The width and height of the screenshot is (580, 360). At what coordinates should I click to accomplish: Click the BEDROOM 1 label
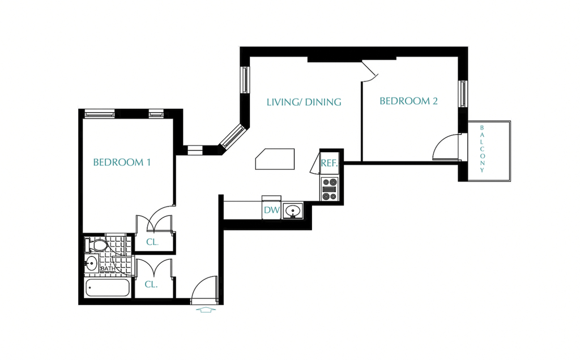(122, 162)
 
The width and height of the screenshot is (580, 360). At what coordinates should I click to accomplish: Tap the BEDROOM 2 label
(409, 101)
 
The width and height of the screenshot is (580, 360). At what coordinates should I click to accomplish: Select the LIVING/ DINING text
(304, 102)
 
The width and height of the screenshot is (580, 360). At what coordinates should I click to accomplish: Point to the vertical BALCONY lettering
(482, 149)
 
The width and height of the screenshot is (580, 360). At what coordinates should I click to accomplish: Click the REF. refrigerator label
(329, 163)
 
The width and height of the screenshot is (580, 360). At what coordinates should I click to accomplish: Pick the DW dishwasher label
(271, 211)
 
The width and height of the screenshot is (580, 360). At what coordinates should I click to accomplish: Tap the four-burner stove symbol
(330, 189)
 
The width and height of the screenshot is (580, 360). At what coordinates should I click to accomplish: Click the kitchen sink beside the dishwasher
(293, 211)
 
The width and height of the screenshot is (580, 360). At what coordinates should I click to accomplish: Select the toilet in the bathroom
(96, 245)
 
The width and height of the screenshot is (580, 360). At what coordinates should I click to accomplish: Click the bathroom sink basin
(91, 263)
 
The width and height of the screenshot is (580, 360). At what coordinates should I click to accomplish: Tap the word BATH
(108, 269)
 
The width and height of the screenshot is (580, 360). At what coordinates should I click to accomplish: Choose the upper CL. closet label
(152, 242)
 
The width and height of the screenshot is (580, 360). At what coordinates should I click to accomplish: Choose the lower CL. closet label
(151, 285)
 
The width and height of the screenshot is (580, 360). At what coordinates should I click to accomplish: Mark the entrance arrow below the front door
(206, 310)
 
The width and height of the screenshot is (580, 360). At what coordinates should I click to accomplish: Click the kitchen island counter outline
(275, 159)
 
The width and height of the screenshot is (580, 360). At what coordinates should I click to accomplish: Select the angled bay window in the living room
(232, 136)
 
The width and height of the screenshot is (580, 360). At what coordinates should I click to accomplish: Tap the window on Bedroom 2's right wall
(463, 94)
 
